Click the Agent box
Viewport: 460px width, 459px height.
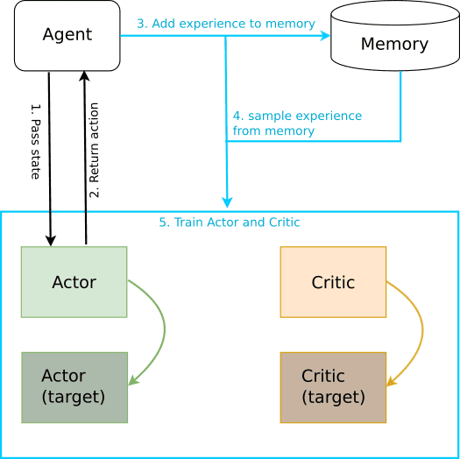(67, 36)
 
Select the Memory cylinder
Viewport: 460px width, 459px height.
(395, 36)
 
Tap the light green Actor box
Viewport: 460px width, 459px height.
(74, 282)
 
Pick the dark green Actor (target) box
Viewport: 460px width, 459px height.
(74, 387)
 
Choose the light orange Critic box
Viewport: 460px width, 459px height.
(333, 282)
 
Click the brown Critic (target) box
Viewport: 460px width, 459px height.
(333, 387)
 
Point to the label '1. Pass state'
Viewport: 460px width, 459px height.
(36, 141)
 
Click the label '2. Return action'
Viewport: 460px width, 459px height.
(94, 150)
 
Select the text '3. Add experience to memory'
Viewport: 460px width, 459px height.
(226, 24)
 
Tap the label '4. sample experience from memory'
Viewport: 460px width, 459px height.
(297, 124)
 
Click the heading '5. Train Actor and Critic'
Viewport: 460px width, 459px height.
(230, 222)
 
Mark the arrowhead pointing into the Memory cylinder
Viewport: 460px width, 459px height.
(325, 36)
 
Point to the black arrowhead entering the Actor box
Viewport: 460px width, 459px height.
(51, 241)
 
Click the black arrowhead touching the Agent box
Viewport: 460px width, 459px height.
(84, 76)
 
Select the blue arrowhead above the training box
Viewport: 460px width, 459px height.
(227, 202)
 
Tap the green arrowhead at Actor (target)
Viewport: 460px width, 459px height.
(132, 380)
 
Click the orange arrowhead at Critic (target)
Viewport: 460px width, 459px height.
(391, 381)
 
